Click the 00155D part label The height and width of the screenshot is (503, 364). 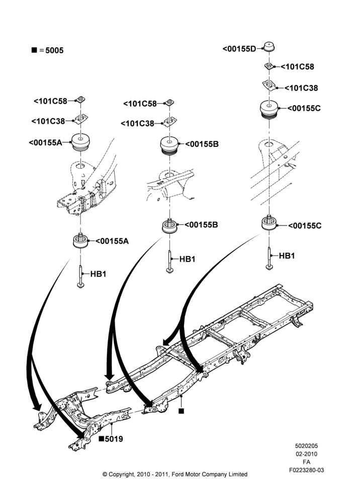(239, 49)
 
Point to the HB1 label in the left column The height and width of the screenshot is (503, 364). (98, 274)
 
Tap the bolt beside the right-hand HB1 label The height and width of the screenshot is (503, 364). (269, 258)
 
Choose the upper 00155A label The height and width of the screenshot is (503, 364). (46, 143)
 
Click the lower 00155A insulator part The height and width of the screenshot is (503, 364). (80, 240)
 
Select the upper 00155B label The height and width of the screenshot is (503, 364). (202, 144)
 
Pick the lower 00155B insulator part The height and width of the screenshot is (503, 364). (169, 226)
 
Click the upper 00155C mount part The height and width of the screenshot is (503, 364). (269, 110)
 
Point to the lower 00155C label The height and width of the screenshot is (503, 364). (305, 226)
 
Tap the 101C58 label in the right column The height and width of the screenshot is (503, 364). (297, 67)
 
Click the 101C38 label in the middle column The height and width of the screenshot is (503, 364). (138, 124)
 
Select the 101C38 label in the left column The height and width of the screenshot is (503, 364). (48, 121)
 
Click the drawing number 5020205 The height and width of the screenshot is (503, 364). (307, 446)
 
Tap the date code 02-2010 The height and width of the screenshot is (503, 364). (307, 454)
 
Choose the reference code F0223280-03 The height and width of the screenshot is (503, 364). (307, 470)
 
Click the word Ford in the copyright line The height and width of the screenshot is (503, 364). (178, 474)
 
